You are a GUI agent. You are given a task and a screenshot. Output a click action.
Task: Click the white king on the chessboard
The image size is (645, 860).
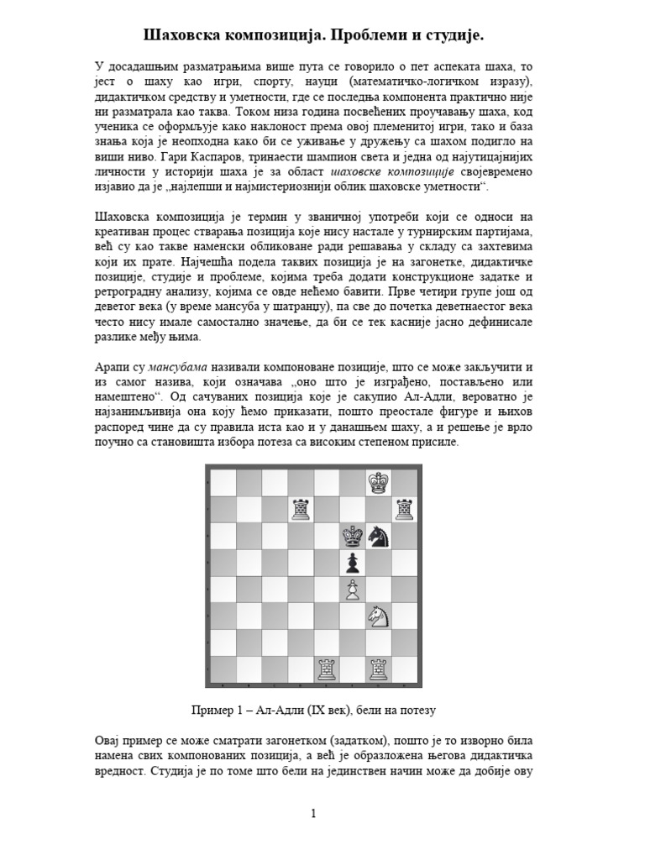(380, 482)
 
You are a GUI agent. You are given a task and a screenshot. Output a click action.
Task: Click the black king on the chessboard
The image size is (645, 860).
(353, 535)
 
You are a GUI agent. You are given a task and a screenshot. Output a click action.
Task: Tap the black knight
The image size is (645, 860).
(379, 536)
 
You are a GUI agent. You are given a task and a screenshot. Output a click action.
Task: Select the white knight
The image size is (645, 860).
(379, 617)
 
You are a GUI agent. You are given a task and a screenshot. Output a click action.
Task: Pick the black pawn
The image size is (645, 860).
(353, 562)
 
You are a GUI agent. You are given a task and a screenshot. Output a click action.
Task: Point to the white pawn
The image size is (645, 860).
(353, 590)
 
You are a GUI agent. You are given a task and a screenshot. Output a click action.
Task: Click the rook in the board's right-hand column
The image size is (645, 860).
(405, 509)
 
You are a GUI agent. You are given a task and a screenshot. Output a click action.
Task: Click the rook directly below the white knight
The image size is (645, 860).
(379, 669)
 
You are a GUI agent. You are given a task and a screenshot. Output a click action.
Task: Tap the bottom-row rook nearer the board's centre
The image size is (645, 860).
(327, 669)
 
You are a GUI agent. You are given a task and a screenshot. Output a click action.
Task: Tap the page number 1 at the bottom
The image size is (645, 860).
(313, 813)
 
